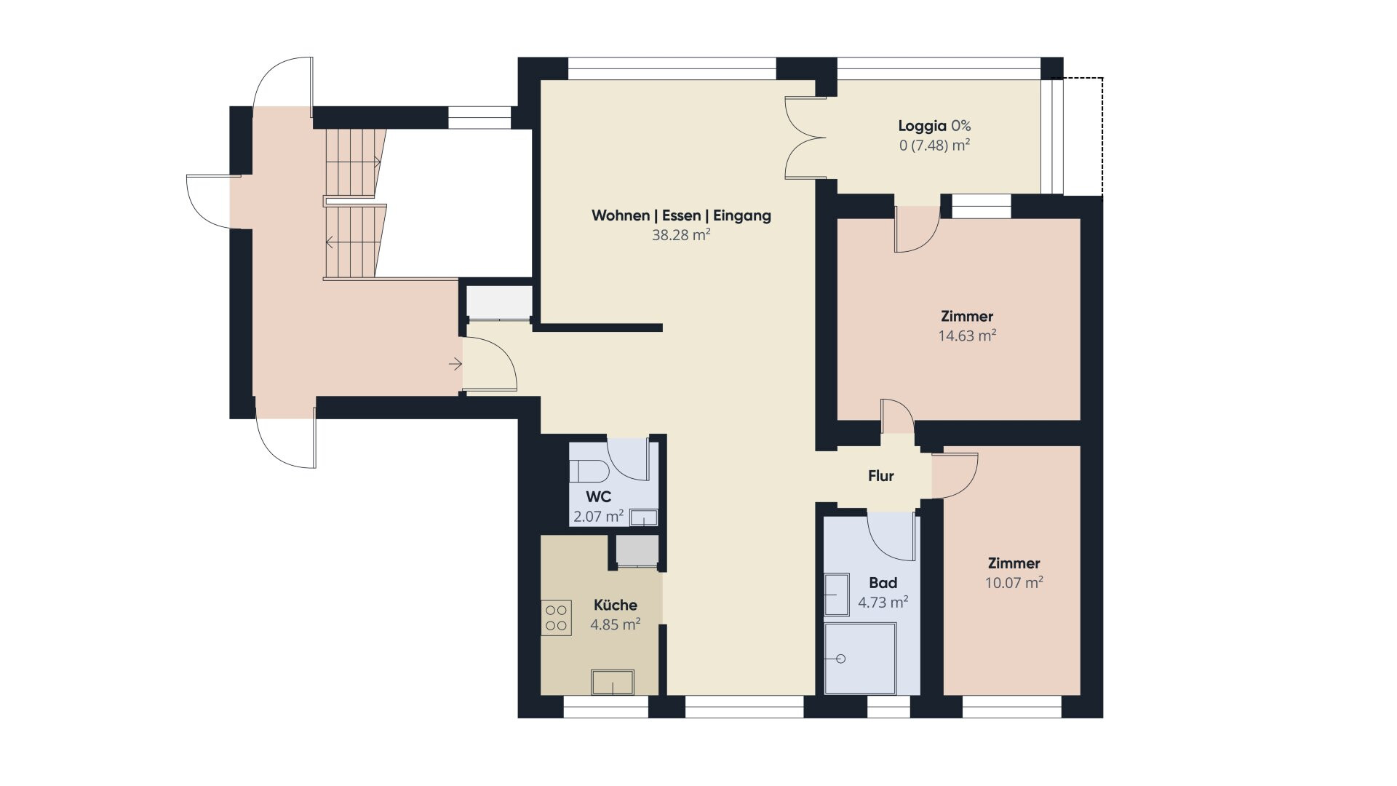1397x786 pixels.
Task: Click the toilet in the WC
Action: point(589,471)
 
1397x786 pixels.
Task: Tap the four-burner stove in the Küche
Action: point(556,618)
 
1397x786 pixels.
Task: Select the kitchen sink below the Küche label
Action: point(612,682)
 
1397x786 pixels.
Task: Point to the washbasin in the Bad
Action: point(836,595)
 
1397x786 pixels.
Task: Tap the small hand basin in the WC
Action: point(643,517)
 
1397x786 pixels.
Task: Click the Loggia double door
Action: point(805,138)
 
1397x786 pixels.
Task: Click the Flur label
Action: point(880,476)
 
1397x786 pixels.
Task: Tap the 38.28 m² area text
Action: point(681,235)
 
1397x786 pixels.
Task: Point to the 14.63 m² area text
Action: point(967,336)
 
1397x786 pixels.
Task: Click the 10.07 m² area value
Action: point(1014,582)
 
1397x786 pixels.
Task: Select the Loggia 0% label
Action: point(934,126)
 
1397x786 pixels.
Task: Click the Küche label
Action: point(616,605)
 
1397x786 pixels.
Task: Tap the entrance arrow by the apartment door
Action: point(455,364)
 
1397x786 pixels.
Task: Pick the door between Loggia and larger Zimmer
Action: point(917,229)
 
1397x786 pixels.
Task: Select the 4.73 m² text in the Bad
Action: point(883,602)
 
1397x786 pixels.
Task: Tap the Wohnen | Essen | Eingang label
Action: point(681,215)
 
